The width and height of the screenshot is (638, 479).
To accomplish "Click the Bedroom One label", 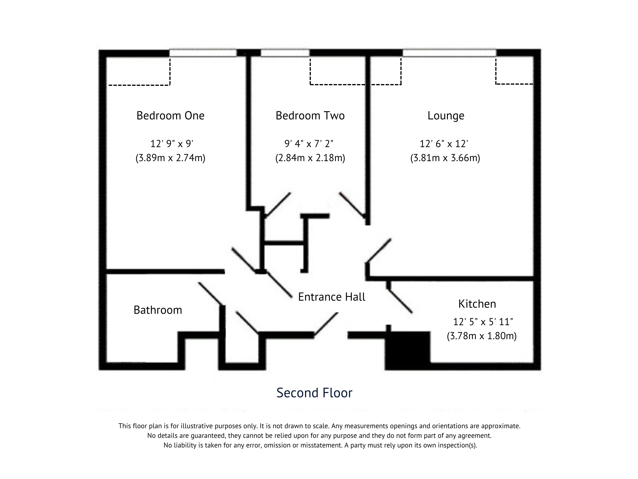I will click(170, 116).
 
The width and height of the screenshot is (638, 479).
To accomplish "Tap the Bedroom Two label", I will click(310, 116).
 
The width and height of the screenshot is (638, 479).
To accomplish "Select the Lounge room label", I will click(446, 116).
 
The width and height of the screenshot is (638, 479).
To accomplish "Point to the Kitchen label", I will click(477, 304).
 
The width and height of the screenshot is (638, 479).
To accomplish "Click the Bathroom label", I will click(158, 310).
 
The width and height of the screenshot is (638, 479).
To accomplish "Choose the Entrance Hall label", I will click(332, 297).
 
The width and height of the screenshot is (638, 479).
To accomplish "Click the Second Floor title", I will click(314, 393).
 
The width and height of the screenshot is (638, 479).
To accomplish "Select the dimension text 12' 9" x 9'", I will click(172, 144).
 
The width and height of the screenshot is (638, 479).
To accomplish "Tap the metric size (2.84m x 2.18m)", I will click(310, 158).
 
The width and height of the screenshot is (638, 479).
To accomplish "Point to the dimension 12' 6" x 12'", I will click(444, 144).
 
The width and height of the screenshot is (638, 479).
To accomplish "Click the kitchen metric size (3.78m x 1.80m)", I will click(481, 336).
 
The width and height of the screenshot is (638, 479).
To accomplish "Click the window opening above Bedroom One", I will click(203, 53).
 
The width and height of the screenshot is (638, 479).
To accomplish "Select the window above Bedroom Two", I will click(285, 53).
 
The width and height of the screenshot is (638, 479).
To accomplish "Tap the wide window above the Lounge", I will click(449, 53).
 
